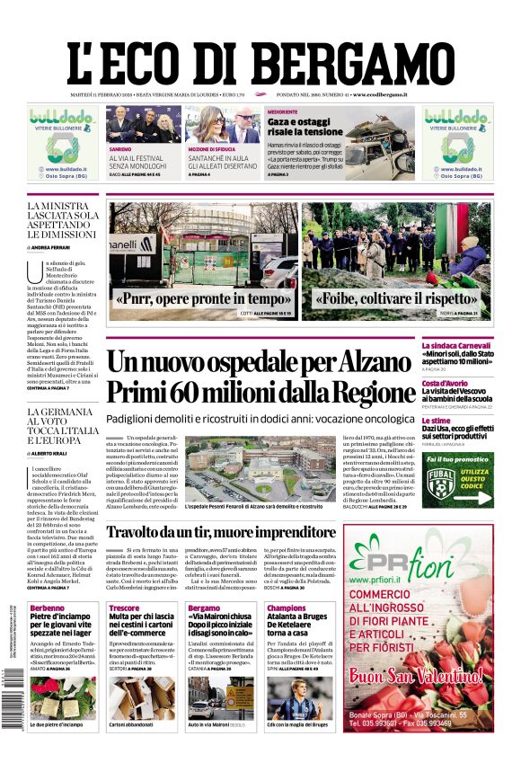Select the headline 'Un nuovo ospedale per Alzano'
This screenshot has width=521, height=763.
coord(248,363)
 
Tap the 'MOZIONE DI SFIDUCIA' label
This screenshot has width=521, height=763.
coord(211,147)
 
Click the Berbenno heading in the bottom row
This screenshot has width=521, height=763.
coord(47,608)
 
